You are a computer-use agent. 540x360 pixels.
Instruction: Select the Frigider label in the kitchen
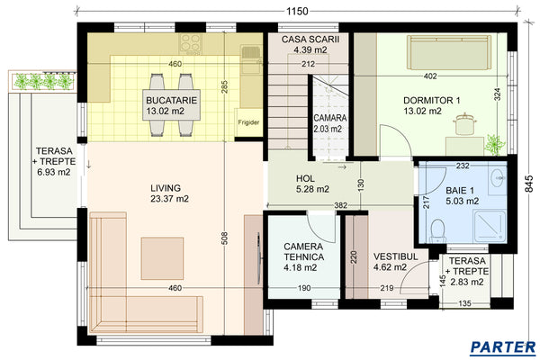point(249,121)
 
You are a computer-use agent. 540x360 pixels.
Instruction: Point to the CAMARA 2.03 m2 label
point(328,123)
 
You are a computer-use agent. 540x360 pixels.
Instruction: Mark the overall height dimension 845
point(530,183)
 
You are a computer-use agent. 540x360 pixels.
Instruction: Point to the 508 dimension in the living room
point(222,238)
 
